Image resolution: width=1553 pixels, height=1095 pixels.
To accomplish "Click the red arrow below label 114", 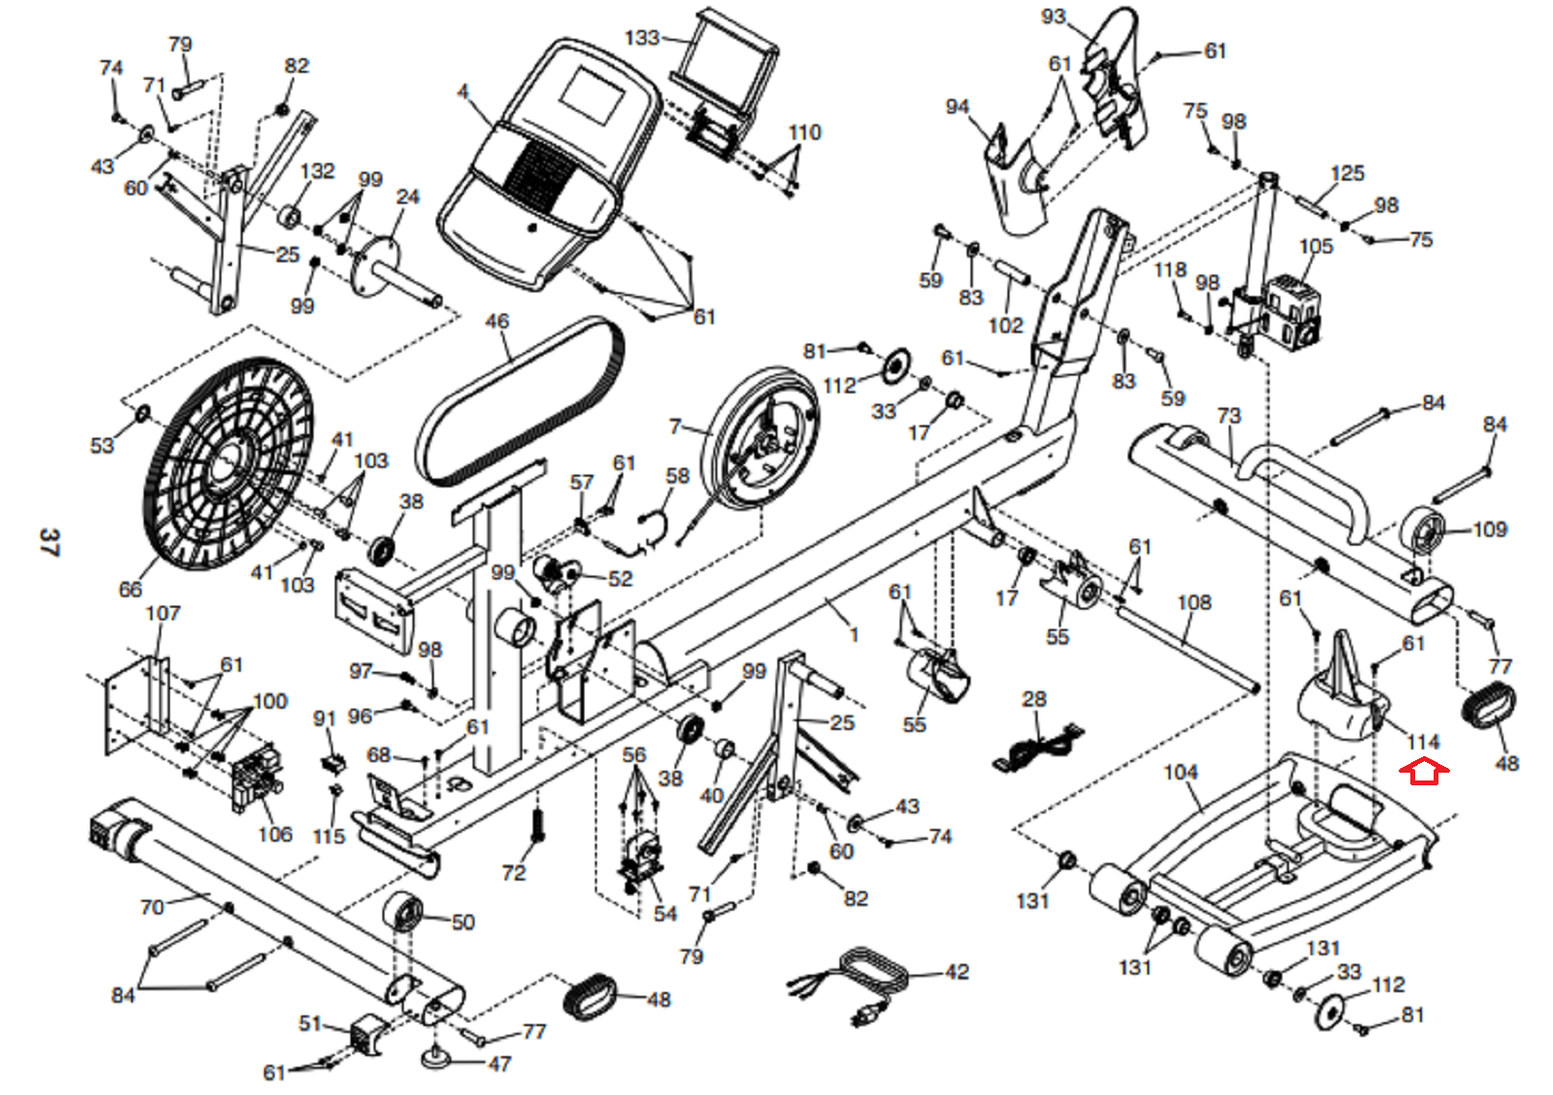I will pos(1423,773).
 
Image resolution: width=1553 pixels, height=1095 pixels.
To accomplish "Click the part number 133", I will pos(642,38).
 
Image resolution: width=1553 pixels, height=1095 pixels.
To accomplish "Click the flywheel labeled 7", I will pos(762,437).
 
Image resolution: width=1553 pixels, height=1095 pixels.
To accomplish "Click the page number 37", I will pos(49,542).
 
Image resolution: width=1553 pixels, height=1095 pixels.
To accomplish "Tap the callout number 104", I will pos(1180,772).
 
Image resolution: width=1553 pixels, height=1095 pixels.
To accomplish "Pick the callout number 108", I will pos(1194,603).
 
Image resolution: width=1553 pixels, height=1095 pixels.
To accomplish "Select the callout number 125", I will pos(1346,174).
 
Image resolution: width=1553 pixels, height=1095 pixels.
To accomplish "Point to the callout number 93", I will pos(1053,17).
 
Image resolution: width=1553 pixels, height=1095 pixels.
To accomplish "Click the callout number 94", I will pos(957,106).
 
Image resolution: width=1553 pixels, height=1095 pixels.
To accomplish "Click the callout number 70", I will pos(151,907).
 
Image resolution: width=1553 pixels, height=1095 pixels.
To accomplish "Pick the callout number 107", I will pos(162,614).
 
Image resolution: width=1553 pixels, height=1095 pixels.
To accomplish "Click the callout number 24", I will pos(408,197).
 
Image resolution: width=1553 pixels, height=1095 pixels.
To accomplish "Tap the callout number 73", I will pos(1229,415).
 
